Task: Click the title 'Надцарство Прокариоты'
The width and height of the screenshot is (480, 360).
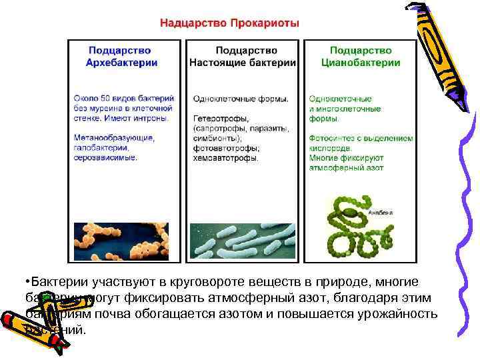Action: click(x=229, y=23)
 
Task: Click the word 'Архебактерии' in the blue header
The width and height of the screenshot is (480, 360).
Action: click(x=122, y=63)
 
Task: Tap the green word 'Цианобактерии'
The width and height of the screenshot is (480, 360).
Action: click(x=361, y=63)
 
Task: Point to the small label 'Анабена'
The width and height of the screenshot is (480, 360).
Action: click(x=381, y=213)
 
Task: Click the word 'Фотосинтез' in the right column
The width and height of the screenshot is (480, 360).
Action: click(x=329, y=138)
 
